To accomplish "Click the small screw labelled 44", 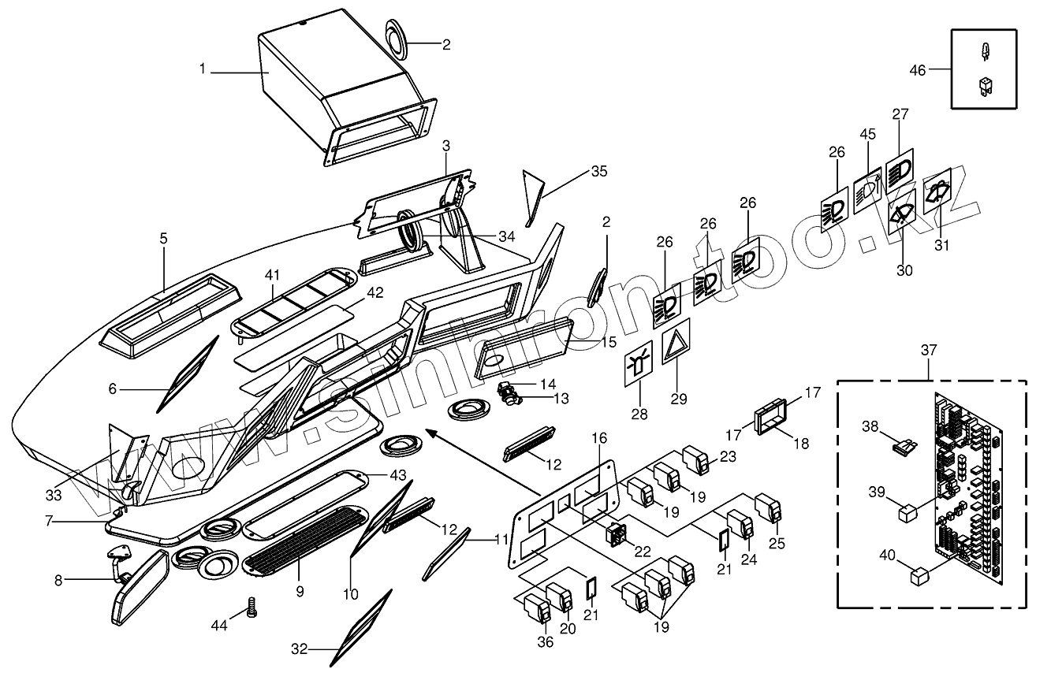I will (x=253, y=608).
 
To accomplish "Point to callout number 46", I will (x=917, y=70).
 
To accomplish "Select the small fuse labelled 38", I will (x=905, y=446).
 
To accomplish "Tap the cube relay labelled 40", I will (x=919, y=578).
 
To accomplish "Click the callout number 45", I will (x=868, y=134).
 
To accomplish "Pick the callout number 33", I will (x=53, y=496).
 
